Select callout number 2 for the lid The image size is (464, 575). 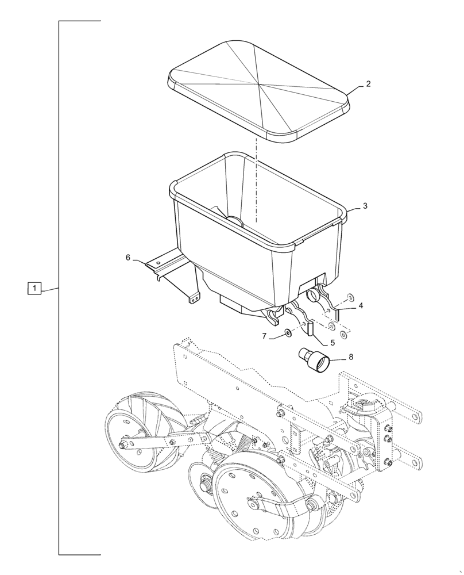(368, 84)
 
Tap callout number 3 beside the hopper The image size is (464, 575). (365, 205)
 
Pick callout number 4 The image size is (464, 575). (361, 306)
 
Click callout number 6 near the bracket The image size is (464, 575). (128, 258)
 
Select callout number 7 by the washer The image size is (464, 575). (265, 336)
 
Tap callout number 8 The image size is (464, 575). (351, 357)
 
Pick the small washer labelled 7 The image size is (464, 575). (287, 332)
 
